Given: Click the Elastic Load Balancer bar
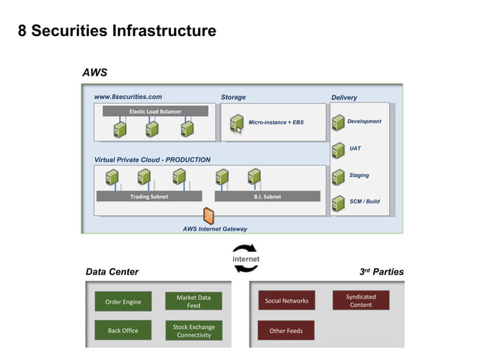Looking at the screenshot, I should [155, 111].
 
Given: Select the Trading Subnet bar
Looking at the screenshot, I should [149, 197].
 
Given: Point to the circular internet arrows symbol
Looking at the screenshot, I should [245, 253].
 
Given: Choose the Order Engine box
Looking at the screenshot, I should [123, 301].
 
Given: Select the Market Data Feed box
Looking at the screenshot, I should [194, 301].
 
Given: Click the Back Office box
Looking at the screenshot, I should [123, 330].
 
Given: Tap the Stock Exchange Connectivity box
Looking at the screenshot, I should [194, 331].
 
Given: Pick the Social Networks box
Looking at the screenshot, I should [286, 301].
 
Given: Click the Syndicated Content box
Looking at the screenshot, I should [360, 301].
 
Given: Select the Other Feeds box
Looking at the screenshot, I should [286, 330].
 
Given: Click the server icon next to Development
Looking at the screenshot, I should [338, 124].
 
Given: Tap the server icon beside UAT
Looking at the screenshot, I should [338, 150].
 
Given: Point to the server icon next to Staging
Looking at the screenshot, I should [338, 177].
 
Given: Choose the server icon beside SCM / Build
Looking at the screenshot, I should [338, 203].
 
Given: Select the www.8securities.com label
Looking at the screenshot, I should [127, 96].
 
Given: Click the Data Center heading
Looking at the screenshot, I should [112, 272].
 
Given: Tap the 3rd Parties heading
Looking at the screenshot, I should [382, 272].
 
